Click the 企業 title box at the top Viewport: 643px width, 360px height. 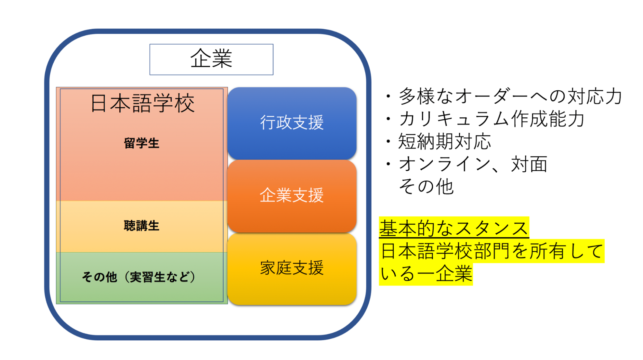point(211,59)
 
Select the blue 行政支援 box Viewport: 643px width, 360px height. point(292,123)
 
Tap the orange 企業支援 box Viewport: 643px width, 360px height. point(292,196)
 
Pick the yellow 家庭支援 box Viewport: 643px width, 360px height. point(292,269)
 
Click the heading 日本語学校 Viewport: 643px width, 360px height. point(142,103)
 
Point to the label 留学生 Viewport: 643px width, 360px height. point(142,143)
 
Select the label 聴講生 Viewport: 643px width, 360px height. point(142,226)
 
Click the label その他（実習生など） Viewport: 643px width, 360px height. point(139,277)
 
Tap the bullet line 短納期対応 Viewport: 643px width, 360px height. point(445,141)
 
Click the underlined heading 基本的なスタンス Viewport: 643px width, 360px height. point(454,228)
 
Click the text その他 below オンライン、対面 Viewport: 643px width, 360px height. point(426,186)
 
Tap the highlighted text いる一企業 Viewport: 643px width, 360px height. point(426,274)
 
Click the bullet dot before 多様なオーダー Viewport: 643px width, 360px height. point(389,96)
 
